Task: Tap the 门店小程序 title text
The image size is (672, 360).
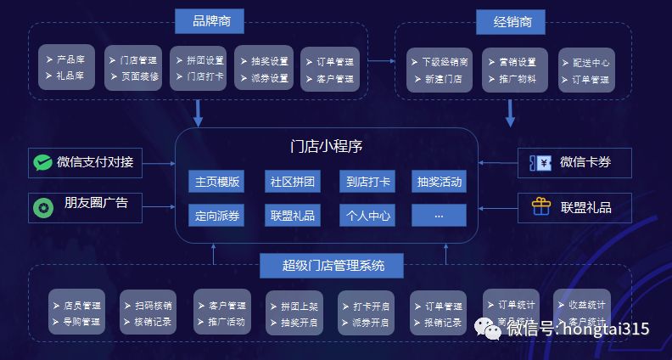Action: point(327,146)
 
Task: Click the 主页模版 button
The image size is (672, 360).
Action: point(217,182)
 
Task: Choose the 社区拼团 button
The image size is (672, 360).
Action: point(293,182)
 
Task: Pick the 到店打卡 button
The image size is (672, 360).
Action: point(368,182)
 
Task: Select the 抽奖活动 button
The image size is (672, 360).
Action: point(440,182)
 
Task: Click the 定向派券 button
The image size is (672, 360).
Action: point(217,216)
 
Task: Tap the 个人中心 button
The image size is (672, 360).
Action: point(368,216)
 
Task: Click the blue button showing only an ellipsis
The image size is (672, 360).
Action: point(440,216)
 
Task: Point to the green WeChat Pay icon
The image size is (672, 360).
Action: point(42,162)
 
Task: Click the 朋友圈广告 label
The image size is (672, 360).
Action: point(96,205)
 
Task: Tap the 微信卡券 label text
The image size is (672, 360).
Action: point(585,162)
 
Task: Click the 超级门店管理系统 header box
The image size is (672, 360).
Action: point(333,266)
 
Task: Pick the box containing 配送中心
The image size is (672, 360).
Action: point(585,70)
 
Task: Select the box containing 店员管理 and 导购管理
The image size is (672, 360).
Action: point(76,312)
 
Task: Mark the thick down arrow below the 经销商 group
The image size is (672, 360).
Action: point(511,112)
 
